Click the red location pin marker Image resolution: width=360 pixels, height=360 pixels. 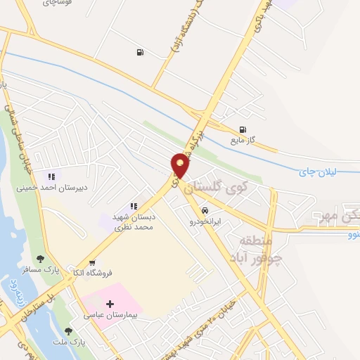(x=181, y=165)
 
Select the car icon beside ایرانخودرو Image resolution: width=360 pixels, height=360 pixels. (x=205, y=210)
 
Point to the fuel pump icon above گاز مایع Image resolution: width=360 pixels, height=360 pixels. (x=243, y=129)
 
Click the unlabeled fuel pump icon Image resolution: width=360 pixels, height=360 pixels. (x=141, y=51)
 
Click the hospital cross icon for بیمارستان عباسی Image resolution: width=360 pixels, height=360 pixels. (x=108, y=304)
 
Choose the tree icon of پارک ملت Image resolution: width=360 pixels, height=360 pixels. (x=68, y=331)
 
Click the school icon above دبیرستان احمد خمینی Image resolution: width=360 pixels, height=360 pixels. (x=50, y=176)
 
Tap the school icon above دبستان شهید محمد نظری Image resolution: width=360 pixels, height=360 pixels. (x=133, y=207)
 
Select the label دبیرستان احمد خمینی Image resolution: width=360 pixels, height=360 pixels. (x=44, y=188)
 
